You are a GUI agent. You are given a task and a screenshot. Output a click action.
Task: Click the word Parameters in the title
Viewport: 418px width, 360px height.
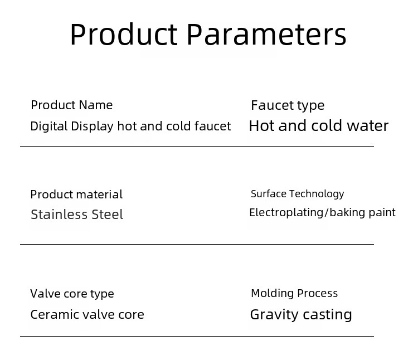click(266, 35)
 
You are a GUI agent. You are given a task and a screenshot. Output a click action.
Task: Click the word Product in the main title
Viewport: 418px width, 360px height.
click(124, 35)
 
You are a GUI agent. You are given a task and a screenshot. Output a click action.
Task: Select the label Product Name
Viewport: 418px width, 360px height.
click(72, 105)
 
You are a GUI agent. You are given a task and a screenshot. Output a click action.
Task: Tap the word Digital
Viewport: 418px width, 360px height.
click(49, 127)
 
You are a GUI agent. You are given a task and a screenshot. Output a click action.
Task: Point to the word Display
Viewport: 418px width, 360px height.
click(92, 127)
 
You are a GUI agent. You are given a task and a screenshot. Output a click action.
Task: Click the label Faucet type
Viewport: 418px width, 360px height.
click(288, 106)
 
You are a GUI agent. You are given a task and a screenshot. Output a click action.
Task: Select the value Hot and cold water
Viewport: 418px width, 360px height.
click(319, 126)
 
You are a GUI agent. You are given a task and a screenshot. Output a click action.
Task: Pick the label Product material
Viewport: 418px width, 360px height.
click(76, 194)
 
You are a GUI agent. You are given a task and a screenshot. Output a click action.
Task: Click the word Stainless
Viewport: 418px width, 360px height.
click(59, 215)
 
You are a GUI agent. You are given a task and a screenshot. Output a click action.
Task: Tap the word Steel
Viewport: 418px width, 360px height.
click(108, 215)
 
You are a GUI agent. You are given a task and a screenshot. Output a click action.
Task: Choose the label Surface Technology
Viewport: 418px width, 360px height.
click(298, 194)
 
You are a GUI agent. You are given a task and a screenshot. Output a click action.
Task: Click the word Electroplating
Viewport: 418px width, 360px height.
click(286, 213)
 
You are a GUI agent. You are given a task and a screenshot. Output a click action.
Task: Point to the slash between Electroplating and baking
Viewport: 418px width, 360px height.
click(327, 213)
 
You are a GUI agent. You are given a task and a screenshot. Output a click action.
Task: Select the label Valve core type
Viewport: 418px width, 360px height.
click(72, 294)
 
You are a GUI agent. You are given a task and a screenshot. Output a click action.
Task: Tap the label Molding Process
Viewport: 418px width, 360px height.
click(294, 293)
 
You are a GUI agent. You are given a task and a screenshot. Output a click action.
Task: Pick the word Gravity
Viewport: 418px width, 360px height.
click(274, 315)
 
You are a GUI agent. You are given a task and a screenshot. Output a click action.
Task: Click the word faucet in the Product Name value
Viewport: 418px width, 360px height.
click(213, 127)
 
